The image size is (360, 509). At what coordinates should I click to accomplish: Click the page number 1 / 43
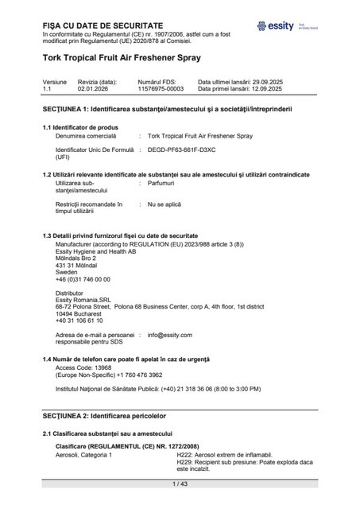pyautogui.click(x=180, y=484)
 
